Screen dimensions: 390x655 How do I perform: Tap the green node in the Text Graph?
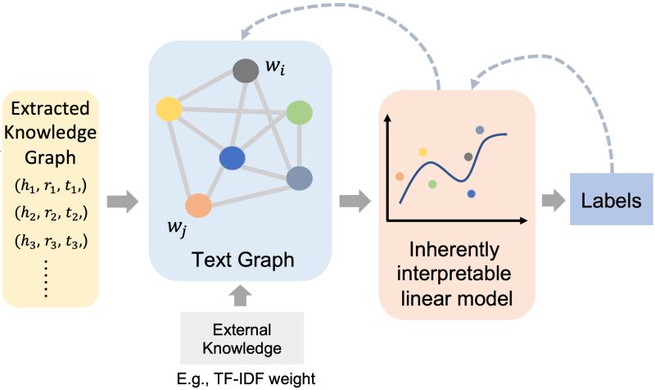point(300,112)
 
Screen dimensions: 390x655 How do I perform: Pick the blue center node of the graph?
point(233,158)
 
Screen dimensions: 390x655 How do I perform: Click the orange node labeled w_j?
point(199,205)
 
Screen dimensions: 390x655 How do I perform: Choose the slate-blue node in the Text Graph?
point(300,178)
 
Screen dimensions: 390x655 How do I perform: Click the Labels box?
point(610,200)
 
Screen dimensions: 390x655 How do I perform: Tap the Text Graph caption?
point(242,261)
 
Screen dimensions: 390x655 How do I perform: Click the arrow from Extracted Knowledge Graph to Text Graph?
point(123,200)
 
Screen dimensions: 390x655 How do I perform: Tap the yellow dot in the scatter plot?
point(423,152)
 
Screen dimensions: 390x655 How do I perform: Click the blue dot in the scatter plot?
point(472,193)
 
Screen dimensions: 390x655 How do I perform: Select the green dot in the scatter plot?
point(432,184)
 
